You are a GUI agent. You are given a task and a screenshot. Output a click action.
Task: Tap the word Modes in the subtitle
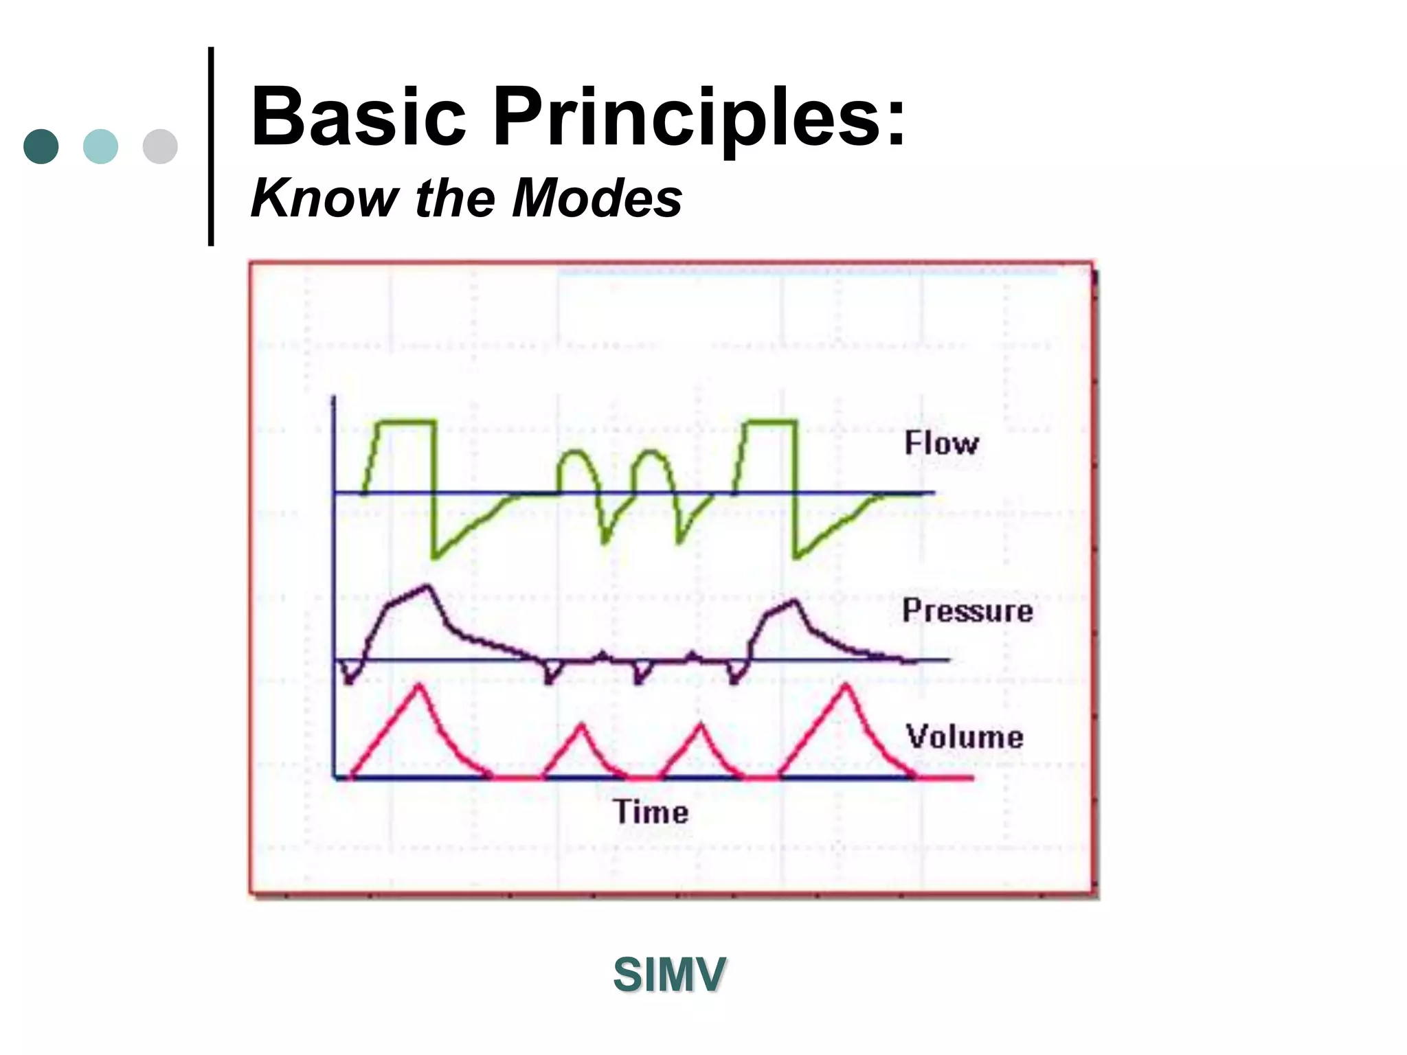tap(597, 198)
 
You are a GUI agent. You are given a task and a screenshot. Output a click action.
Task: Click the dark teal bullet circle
tap(41, 146)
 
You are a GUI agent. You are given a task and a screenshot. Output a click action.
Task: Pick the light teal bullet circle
tap(100, 146)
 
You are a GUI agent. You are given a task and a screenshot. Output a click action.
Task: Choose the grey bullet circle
tap(160, 146)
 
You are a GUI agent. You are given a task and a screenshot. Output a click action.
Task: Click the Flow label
tap(941, 443)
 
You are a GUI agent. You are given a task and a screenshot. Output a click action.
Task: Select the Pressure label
tap(967, 611)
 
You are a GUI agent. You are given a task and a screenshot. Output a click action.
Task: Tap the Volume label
tap(965, 737)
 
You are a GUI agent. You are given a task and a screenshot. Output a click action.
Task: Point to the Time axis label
tap(651, 812)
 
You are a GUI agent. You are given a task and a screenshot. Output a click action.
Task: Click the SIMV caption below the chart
tap(669, 975)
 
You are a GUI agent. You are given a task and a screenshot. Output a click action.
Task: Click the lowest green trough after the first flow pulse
tap(434, 557)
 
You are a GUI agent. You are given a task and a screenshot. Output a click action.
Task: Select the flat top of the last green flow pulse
tap(772, 421)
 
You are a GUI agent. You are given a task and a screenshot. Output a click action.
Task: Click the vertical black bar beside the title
tap(211, 146)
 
